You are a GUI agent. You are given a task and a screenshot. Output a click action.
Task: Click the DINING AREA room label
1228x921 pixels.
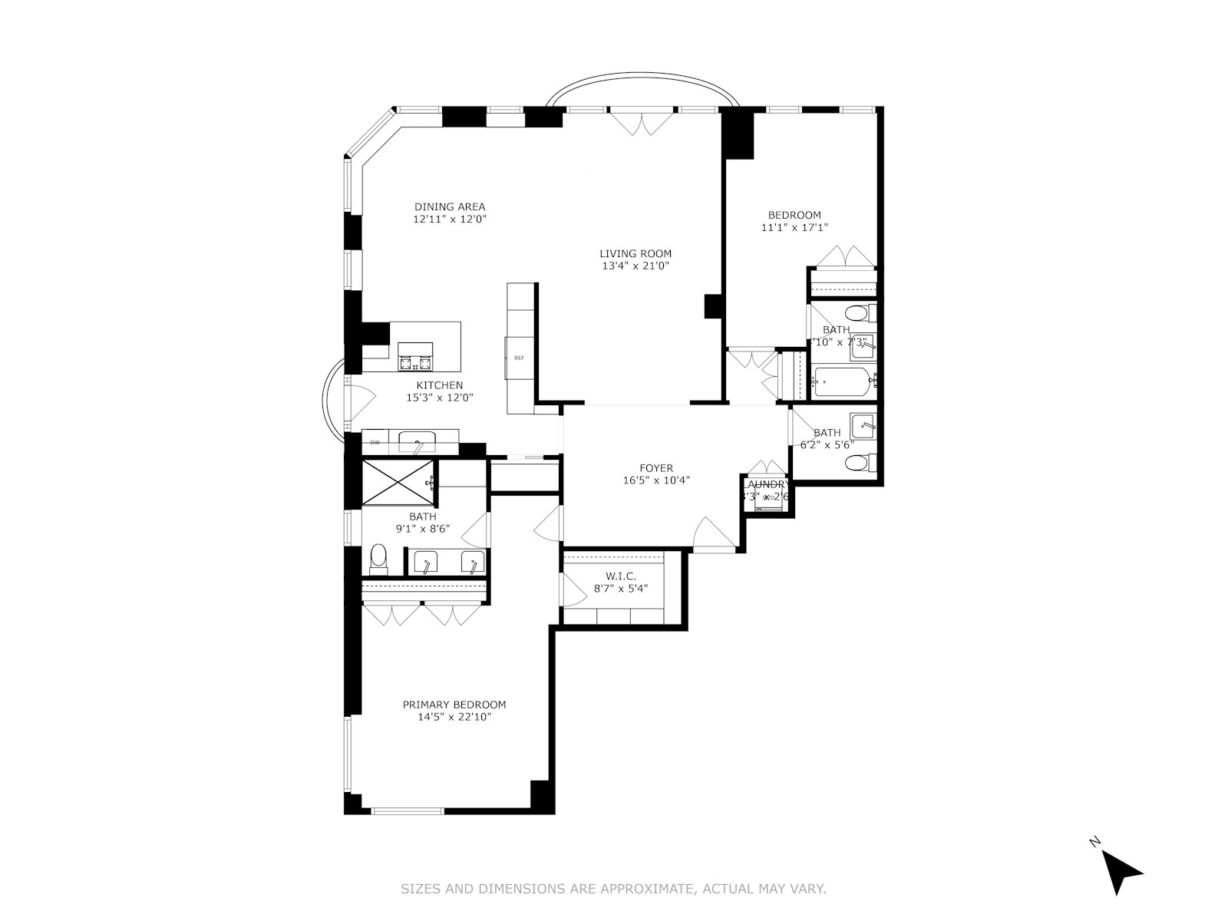coord(450,206)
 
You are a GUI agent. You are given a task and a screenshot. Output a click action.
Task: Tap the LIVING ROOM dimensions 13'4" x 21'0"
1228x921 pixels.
coord(635,266)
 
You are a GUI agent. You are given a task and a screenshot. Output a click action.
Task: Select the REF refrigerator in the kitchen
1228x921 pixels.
coord(520,358)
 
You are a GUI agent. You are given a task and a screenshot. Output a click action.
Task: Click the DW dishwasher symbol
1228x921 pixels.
coord(375,442)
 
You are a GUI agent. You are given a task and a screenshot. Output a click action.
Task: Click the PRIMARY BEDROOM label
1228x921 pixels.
coord(454,705)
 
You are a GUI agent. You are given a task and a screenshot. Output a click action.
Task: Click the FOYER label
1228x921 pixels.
coord(656,468)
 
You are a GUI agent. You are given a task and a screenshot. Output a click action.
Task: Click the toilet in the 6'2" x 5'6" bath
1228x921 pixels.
coord(858,463)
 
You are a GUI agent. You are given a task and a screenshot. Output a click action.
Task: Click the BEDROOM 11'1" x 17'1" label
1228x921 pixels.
coord(794,215)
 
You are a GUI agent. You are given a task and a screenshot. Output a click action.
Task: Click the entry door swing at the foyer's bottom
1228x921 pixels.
coord(712,533)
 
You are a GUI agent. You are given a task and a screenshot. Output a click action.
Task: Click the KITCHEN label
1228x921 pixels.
coord(439,385)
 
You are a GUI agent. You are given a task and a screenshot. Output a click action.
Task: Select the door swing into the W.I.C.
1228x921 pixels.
coord(573,589)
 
